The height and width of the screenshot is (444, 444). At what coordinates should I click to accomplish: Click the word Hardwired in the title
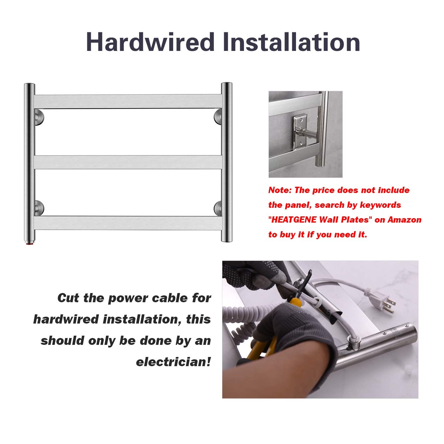tap(150, 42)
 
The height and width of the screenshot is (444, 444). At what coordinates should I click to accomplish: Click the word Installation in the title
tap(292, 42)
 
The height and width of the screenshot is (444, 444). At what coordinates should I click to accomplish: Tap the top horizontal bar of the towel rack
tap(128, 101)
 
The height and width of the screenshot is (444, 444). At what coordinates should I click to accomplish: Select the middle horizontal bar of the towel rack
tap(128, 162)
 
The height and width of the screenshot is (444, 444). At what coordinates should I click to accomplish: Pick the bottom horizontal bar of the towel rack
tap(128, 223)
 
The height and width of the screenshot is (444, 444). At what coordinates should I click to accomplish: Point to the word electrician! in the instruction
tap(173, 362)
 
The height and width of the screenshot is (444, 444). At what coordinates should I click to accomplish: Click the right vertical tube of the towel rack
tap(226, 162)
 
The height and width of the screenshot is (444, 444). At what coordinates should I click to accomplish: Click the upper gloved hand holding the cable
tap(255, 278)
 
